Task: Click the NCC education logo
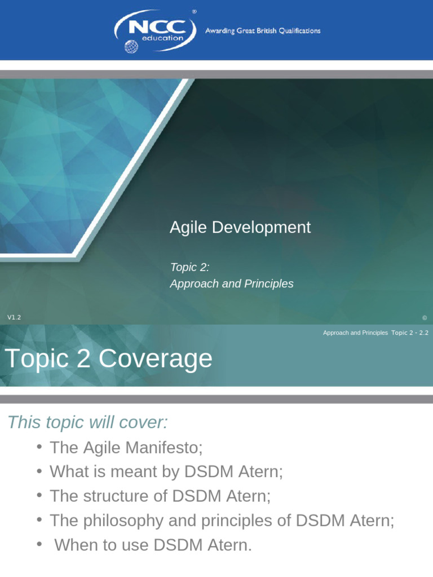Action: pos(155,31)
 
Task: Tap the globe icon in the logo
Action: pos(131,46)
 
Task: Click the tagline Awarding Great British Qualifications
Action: pos(262,31)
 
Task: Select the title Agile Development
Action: pos(240,227)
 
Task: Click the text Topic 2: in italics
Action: pos(189,267)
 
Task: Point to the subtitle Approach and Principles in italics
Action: pos(232,283)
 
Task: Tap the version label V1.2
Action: pos(14,318)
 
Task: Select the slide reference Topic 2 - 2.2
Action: pos(410,333)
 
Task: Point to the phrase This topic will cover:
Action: pos(88,422)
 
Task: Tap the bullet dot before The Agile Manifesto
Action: pos(39,447)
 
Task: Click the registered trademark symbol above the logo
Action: pos(195,11)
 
